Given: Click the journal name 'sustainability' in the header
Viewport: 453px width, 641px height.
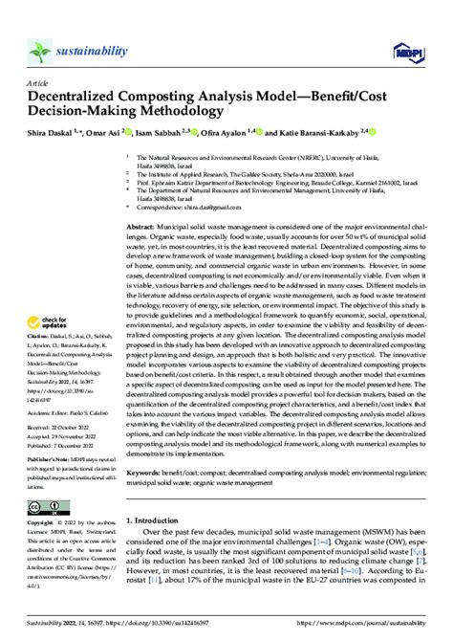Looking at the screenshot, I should pyautogui.click(x=92, y=44).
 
